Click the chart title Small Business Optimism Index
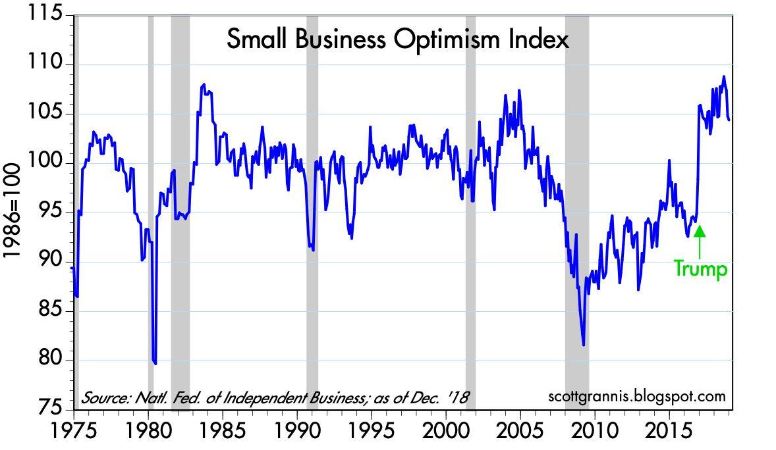[397, 40]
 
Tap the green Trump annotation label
[700, 269]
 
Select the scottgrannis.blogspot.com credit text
[636, 397]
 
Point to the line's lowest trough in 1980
[155, 362]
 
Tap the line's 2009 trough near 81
[584, 344]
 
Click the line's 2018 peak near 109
[723, 77]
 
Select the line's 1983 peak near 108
[204, 84]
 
